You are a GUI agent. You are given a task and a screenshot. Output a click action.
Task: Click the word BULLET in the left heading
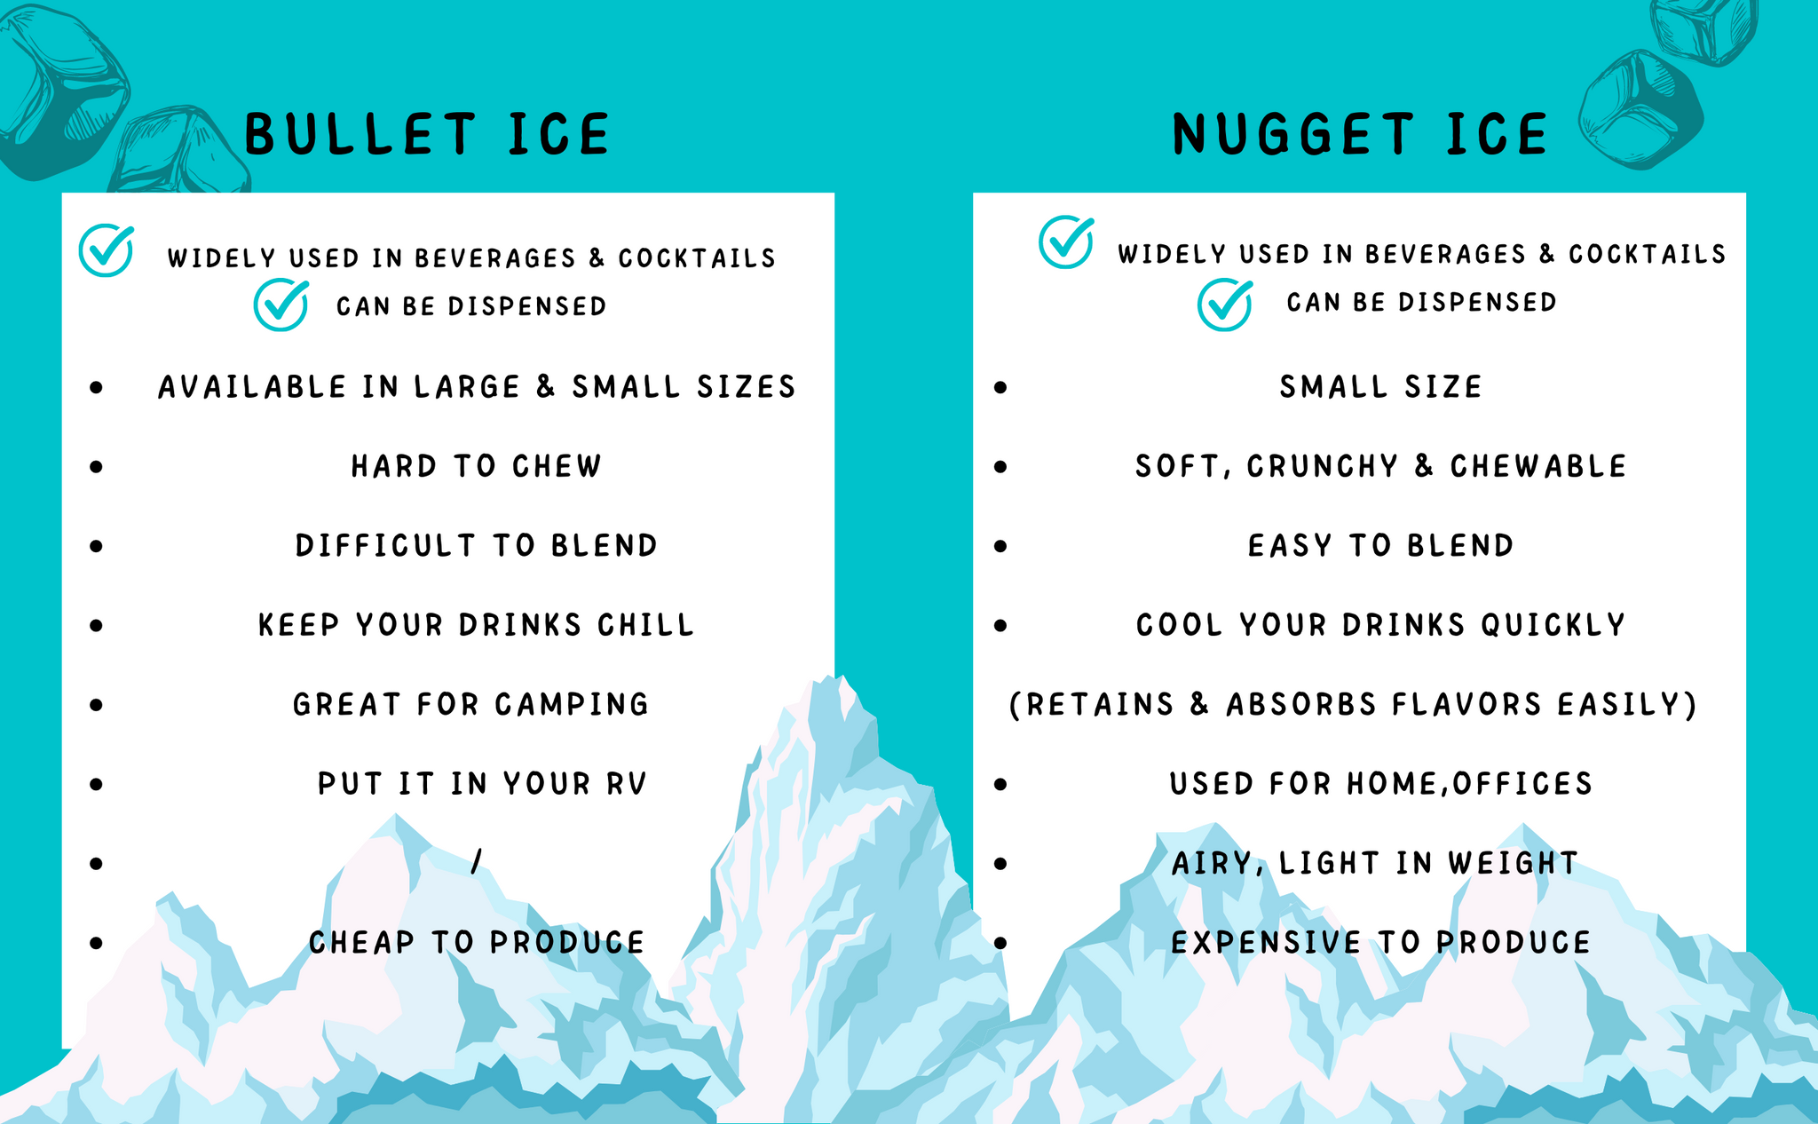361,135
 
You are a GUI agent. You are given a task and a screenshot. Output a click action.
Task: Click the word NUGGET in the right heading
1292,135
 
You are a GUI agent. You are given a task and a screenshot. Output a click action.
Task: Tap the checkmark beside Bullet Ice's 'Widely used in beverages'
107,249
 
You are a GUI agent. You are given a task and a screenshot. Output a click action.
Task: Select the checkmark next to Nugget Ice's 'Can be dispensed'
1225,304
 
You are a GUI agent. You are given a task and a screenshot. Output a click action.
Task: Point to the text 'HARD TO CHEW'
477,466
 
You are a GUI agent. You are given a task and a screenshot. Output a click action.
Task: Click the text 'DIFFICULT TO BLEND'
477,545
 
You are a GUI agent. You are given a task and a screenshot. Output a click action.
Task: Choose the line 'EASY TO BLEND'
1380,545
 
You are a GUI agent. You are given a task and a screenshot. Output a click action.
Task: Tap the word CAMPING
572,704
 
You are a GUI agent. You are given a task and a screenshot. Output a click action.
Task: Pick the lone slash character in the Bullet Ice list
477,861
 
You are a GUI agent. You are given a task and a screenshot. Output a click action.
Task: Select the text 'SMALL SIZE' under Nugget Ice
1380,386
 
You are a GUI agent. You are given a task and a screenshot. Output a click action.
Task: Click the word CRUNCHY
1323,466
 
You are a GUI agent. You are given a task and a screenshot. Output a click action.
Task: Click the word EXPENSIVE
1266,942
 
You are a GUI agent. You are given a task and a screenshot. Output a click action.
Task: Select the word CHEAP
361,942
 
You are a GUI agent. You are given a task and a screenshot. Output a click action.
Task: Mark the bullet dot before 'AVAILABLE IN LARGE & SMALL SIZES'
96,387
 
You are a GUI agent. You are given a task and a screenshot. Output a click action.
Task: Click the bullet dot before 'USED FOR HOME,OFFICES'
1000,784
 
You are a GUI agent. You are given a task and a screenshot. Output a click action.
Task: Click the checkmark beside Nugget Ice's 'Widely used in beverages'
1066,241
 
